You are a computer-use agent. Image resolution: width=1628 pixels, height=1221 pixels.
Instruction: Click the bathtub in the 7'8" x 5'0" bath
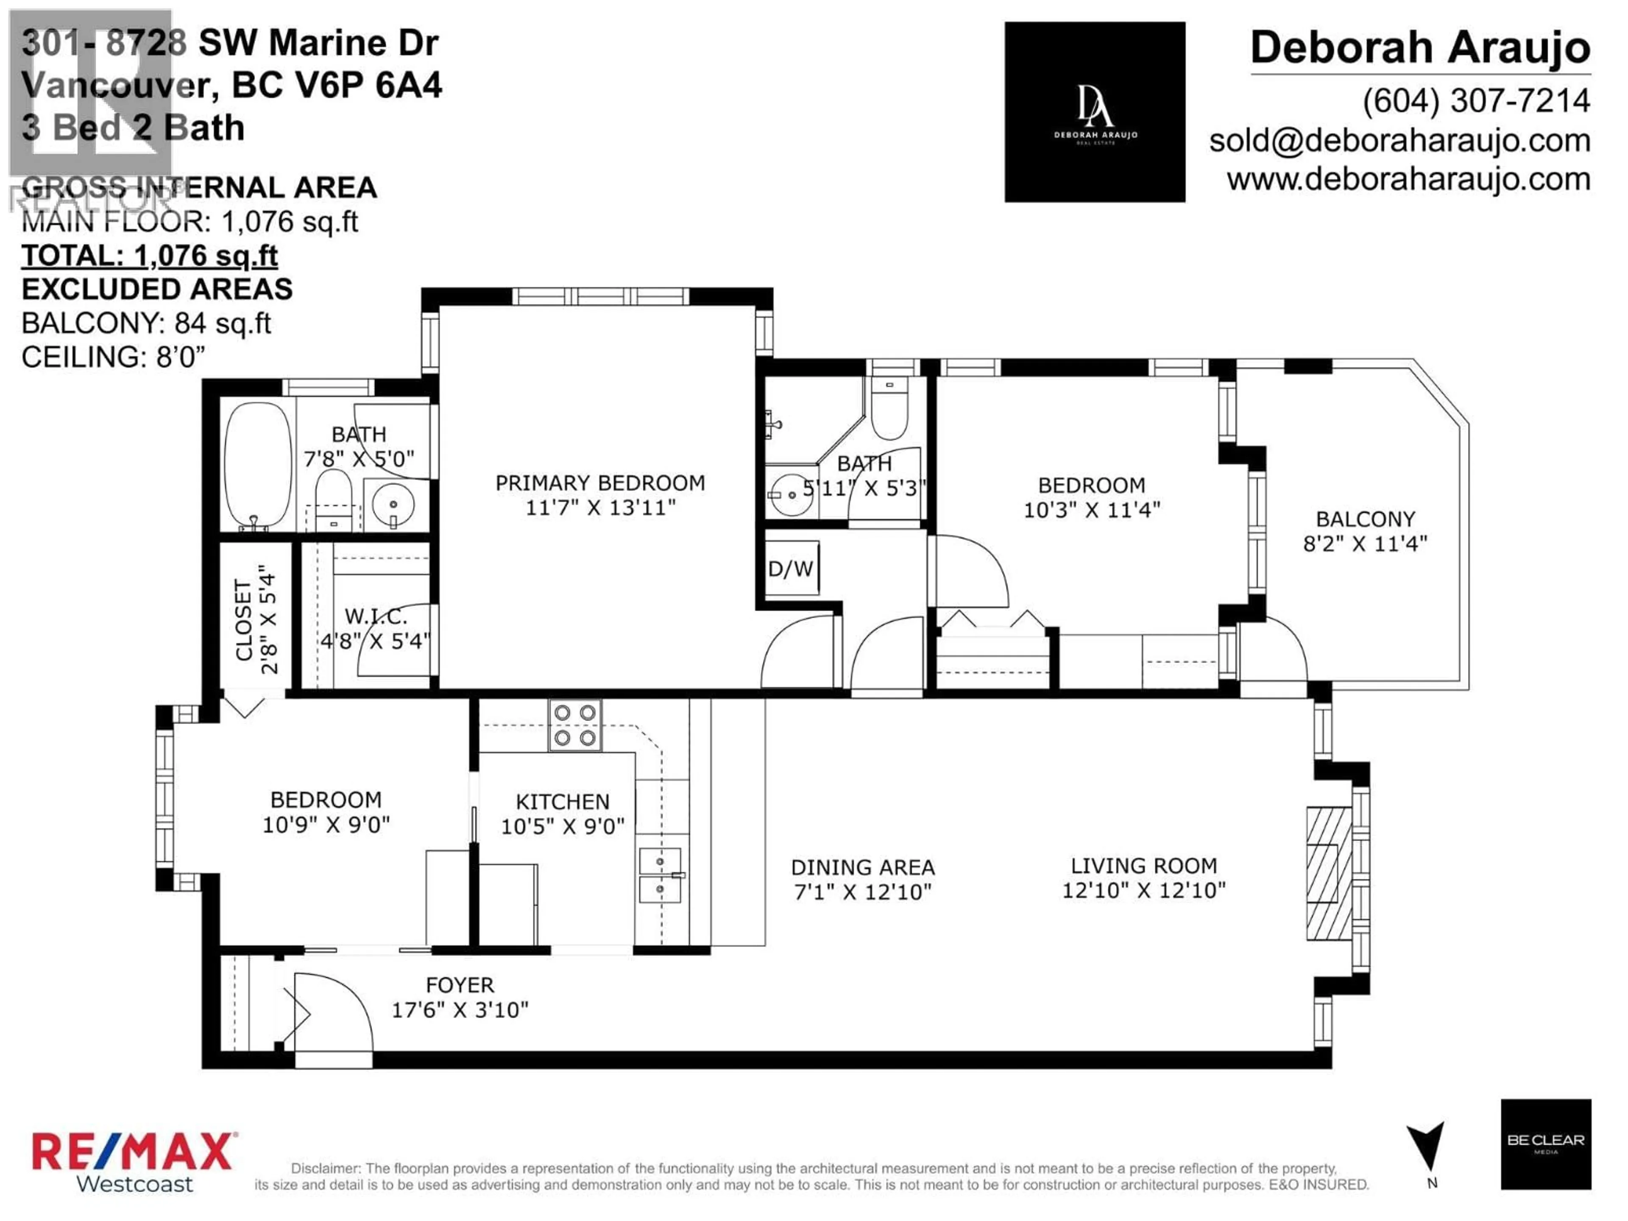pyautogui.click(x=258, y=465)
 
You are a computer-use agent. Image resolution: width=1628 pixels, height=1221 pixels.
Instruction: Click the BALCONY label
pyautogui.click(x=1365, y=520)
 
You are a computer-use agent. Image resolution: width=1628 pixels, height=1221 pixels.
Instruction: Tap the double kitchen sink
pyautogui.click(x=660, y=875)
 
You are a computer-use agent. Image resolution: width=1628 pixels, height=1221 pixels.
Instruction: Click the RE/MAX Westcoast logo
pyautogui.click(x=134, y=1161)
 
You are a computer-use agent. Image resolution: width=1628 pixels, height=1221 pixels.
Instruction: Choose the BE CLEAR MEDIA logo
pyautogui.click(x=1546, y=1144)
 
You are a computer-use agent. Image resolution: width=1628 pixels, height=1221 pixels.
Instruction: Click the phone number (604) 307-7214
pyautogui.click(x=1476, y=101)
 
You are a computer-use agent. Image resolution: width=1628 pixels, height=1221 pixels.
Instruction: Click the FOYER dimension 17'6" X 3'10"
pyautogui.click(x=460, y=1010)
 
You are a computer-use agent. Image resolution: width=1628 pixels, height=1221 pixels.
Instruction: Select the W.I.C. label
pyautogui.click(x=375, y=616)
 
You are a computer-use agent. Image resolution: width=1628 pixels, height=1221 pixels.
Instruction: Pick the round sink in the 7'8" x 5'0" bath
pyautogui.click(x=394, y=504)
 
